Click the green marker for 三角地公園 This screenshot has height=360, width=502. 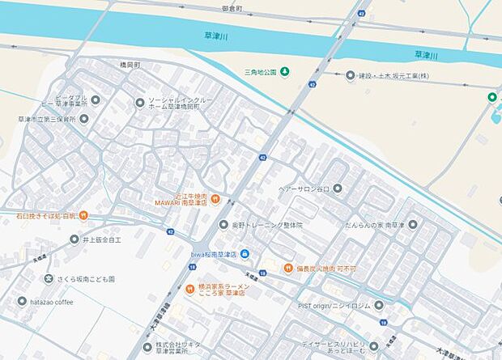285,72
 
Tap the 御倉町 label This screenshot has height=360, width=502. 233,8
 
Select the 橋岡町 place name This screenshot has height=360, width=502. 125,64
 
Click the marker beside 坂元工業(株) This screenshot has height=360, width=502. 351,75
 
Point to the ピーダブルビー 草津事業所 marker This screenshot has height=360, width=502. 96,100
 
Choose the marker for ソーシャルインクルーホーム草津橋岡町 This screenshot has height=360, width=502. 140,102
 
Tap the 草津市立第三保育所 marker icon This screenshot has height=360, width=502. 84,119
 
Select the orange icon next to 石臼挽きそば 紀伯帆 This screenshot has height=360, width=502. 83,216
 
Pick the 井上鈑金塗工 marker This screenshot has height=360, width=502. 74,239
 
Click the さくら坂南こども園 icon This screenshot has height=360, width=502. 49,279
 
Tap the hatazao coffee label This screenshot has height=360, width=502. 53,302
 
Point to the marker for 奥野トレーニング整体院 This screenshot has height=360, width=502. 223,225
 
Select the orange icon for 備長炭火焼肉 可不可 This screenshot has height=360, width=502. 287,268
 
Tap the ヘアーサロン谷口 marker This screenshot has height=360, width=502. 337,188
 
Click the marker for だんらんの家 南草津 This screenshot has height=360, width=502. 411,224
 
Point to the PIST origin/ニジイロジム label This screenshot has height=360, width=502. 334,306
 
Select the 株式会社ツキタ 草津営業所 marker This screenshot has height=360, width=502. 147,345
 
